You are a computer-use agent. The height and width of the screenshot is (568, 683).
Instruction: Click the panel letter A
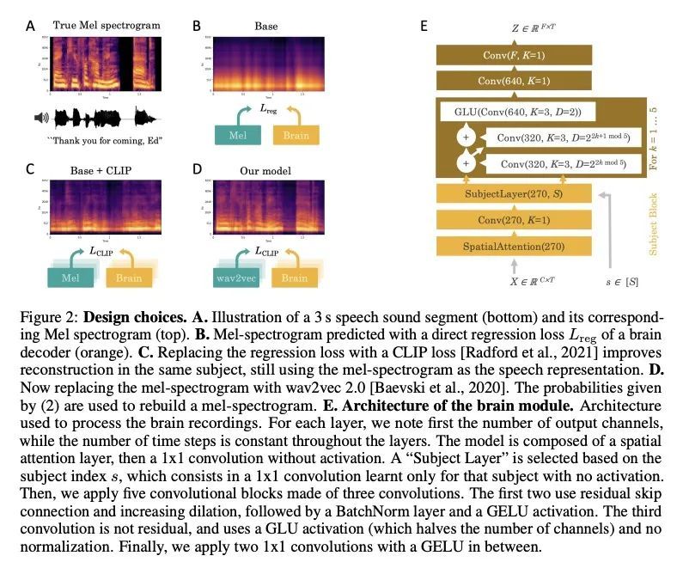pyautogui.click(x=31, y=27)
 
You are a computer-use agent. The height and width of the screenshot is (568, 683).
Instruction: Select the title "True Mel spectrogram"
pyautogui.click(x=107, y=25)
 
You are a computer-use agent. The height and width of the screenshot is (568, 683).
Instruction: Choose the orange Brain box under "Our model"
pyautogui.click(x=294, y=278)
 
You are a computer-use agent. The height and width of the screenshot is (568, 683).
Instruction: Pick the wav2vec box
pyautogui.click(x=234, y=278)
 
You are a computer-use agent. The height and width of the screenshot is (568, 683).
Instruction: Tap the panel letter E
pyautogui.click(x=424, y=27)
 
